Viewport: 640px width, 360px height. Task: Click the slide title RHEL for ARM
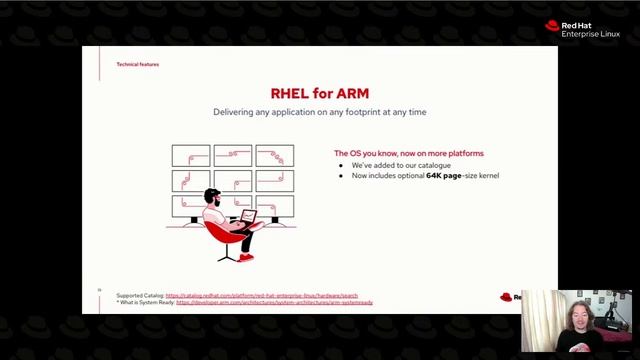[x=319, y=94]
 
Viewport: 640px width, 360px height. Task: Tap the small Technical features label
[x=137, y=64]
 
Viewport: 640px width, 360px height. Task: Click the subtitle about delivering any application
[x=319, y=112]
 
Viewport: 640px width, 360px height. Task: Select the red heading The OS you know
[x=408, y=153]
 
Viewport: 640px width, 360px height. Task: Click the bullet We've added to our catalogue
[x=401, y=165]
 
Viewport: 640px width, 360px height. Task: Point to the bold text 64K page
[x=445, y=176]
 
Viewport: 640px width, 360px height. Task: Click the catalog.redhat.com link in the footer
[x=261, y=296]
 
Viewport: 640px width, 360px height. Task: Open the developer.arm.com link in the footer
[x=274, y=302]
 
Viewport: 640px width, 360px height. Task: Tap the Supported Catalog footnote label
[x=140, y=296]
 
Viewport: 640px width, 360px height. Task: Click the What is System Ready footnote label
[x=145, y=302]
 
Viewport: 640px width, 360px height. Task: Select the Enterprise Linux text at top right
[x=590, y=34]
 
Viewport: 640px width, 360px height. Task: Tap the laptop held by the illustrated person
[x=246, y=217]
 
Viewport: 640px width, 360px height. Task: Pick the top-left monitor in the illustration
[x=191, y=155]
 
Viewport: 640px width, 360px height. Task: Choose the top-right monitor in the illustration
[x=274, y=155]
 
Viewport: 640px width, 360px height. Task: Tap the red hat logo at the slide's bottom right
[x=506, y=297]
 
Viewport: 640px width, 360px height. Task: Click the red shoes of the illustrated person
[x=246, y=257]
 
